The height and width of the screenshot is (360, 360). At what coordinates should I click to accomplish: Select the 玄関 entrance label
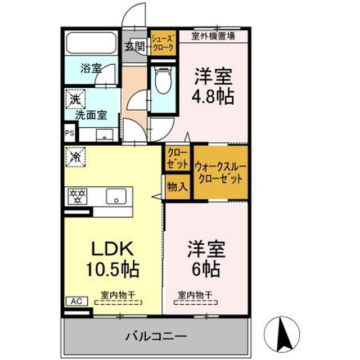point(134,46)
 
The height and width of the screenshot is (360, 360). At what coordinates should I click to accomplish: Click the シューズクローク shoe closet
point(163,43)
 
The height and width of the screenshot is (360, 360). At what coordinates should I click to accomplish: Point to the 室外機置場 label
point(213,36)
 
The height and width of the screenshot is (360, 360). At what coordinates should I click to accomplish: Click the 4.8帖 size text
point(214,94)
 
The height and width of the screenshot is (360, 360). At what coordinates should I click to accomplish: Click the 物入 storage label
point(178,186)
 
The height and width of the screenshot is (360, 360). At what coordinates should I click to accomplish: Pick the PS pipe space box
point(69,133)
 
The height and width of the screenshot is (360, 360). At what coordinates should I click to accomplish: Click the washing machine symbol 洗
point(74,99)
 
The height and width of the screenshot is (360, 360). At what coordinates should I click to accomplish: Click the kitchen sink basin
point(117,197)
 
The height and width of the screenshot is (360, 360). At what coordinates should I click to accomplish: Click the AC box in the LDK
point(76,301)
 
